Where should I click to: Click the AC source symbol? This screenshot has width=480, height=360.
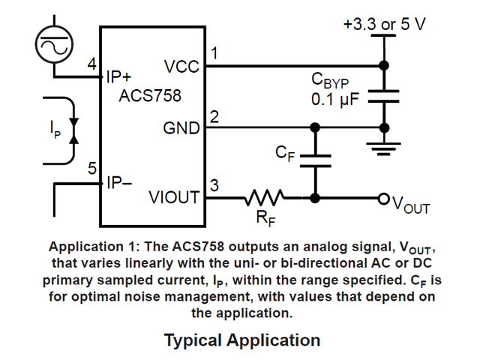(53, 46)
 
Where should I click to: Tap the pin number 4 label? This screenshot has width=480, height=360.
(91, 64)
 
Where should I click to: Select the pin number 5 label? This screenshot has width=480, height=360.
(91, 169)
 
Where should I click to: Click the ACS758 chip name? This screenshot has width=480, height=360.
(149, 97)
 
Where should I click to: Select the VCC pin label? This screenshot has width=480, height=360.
(181, 67)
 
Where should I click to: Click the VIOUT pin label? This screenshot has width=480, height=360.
(174, 198)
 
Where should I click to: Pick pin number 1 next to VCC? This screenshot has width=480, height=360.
(214, 54)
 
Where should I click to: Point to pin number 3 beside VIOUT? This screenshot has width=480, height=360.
(214, 185)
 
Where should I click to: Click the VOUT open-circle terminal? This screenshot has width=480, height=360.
(384, 199)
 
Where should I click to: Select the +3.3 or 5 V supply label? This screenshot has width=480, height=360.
(384, 24)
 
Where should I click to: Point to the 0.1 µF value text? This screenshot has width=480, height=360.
(336, 98)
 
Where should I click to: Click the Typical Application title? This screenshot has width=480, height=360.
(242, 340)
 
